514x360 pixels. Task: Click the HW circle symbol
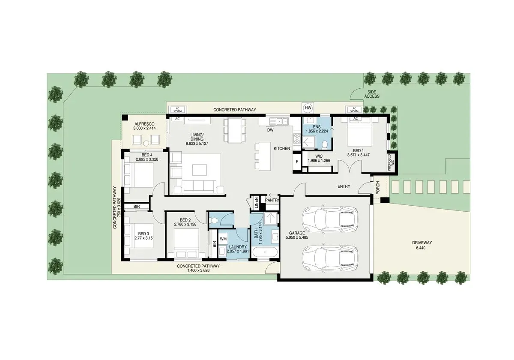[308, 108]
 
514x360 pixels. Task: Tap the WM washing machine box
[223, 239]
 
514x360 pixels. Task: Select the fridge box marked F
[297, 162]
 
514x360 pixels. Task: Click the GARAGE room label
[297, 233]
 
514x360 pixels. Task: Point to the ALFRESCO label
[144, 124]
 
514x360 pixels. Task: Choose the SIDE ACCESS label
[372, 94]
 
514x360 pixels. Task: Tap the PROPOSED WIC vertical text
[391, 162]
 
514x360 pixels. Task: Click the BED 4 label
[147, 155]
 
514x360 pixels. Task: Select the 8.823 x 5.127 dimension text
[197, 144]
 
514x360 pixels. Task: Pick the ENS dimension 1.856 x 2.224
[317, 131]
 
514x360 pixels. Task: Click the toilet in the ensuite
[325, 145]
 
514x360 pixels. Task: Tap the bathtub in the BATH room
[265, 252]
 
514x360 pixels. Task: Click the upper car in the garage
[330, 218]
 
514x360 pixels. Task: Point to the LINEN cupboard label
[257, 202]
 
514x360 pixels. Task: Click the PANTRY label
[272, 200]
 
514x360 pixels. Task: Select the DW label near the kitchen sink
[270, 130]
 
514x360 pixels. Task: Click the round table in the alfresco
[146, 143]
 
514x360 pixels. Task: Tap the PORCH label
[378, 187]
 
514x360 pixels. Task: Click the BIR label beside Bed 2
[215, 244]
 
